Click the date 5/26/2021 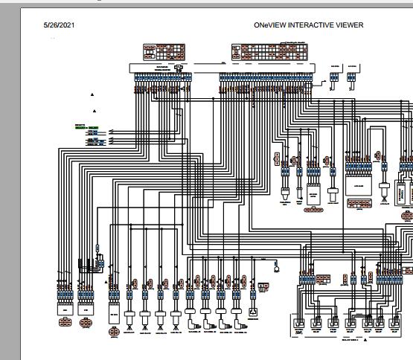pyautogui.click(x=60, y=25)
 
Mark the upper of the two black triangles pyautogui.click(x=93, y=95)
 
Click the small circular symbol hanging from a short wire pyautogui.click(x=276, y=262)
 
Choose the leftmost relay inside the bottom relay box pyautogui.click(x=299, y=324)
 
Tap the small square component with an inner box pyautogui.click(x=253, y=312)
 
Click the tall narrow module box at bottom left pyautogui.click(x=115, y=309)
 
